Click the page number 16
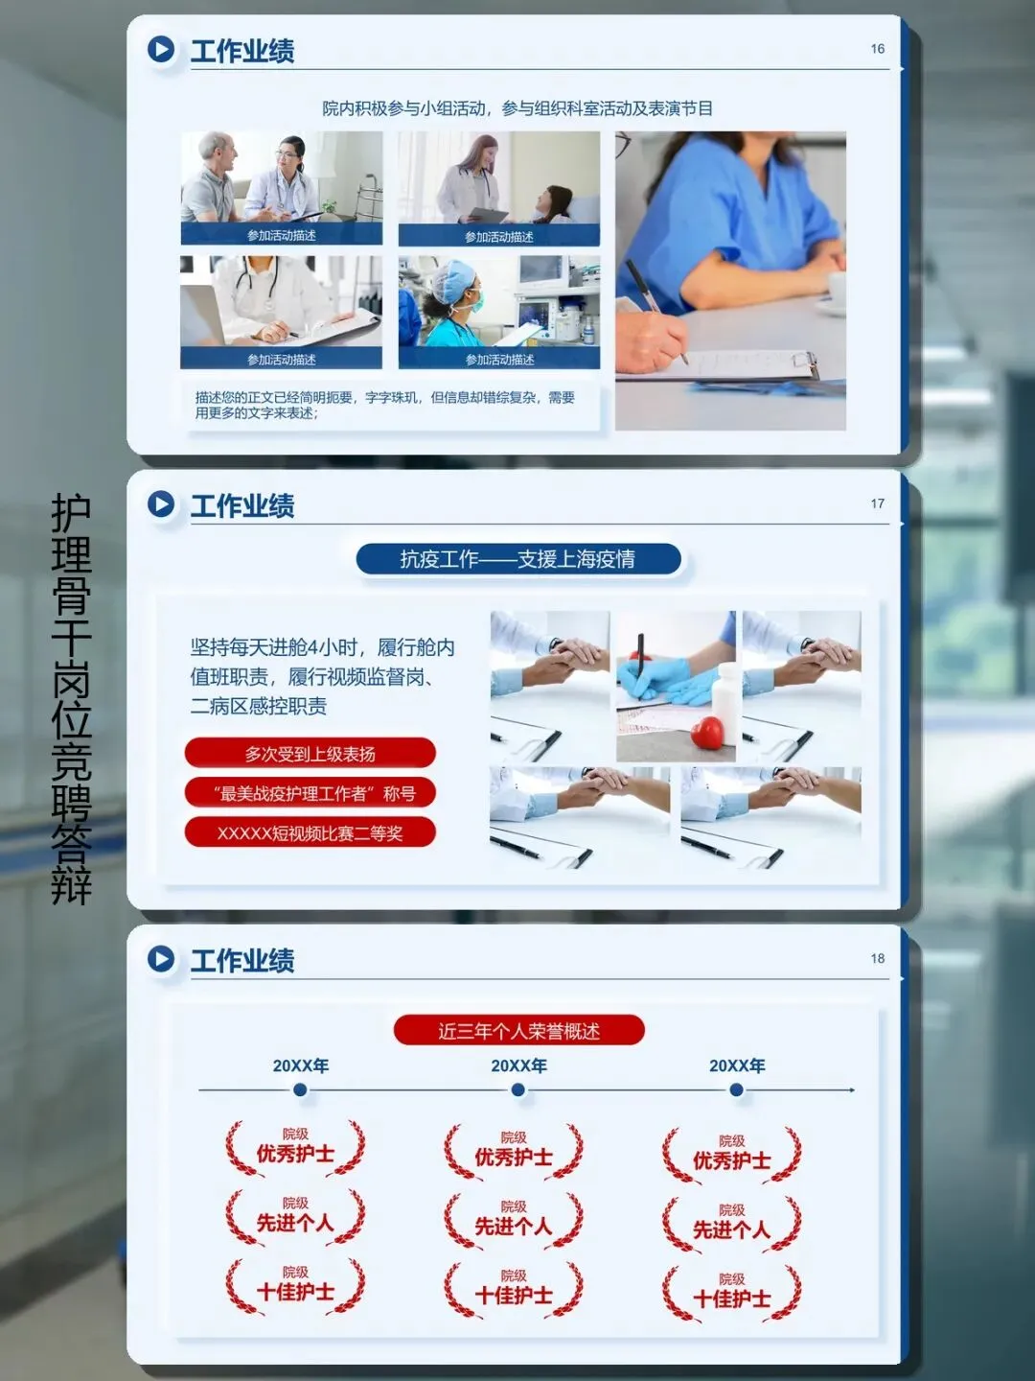pyautogui.click(x=877, y=49)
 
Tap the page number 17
pyautogui.click(x=877, y=503)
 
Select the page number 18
pyautogui.click(x=877, y=958)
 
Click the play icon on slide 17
pyautogui.click(x=161, y=503)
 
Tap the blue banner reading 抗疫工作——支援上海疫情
pyautogui.click(x=518, y=559)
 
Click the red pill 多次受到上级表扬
pyautogui.click(x=310, y=753)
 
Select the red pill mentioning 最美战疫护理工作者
pyautogui.click(x=310, y=793)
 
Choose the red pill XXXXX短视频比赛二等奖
pyautogui.click(x=310, y=833)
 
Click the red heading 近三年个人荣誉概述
pyautogui.click(x=519, y=1031)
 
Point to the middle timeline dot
pyautogui.click(x=518, y=1089)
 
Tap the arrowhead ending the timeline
pyautogui.click(x=852, y=1089)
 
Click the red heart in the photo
pyautogui.click(x=707, y=732)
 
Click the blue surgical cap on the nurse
pyautogui.click(x=454, y=279)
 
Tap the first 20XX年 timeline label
pyautogui.click(x=300, y=1065)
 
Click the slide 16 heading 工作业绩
pyautogui.click(x=241, y=51)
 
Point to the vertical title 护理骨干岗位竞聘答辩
pyautogui.click(x=71, y=698)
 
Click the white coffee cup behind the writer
pyautogui.click(x=837, y=291)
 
